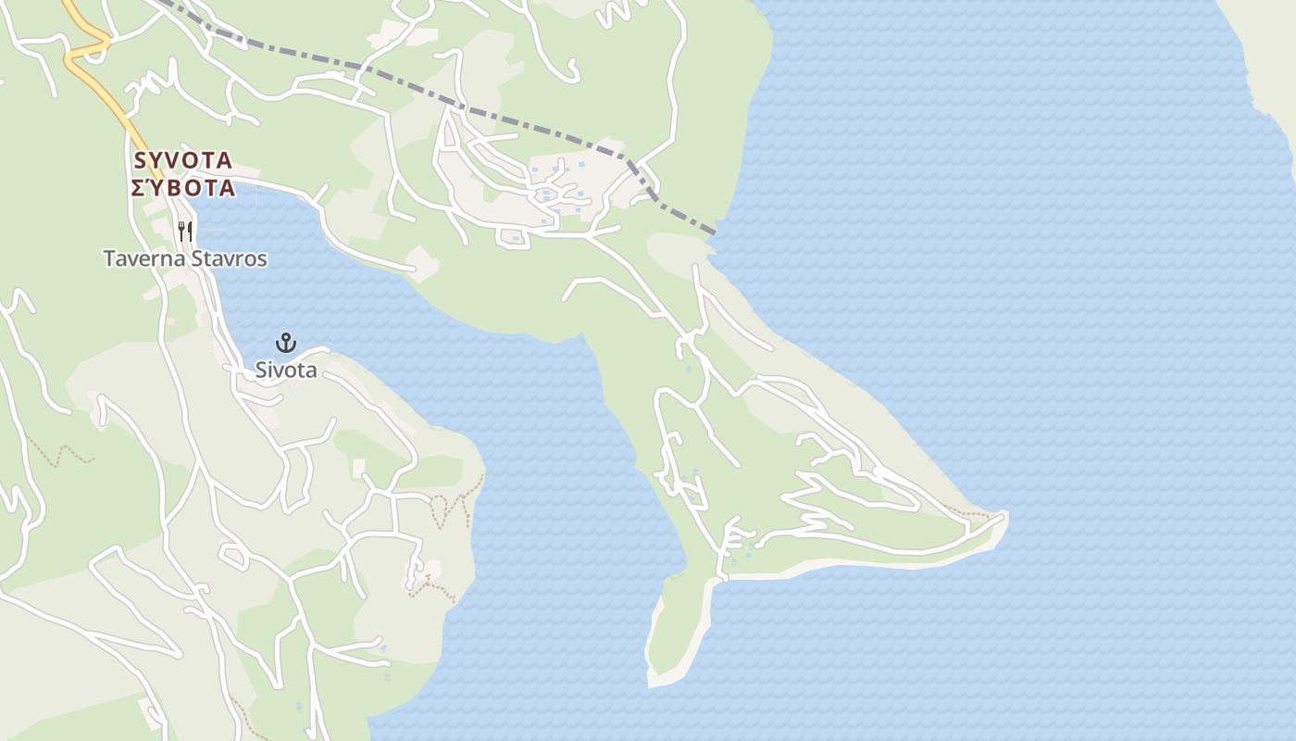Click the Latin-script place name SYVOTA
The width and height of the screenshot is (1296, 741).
183,160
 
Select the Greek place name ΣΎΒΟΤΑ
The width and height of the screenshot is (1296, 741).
183,189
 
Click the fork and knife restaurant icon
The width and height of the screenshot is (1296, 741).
185,231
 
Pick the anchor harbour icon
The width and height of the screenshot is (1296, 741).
286,344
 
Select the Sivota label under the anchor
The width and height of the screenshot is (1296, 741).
286,370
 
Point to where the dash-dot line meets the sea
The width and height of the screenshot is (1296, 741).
716,232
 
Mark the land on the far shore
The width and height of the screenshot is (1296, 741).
1268,56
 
